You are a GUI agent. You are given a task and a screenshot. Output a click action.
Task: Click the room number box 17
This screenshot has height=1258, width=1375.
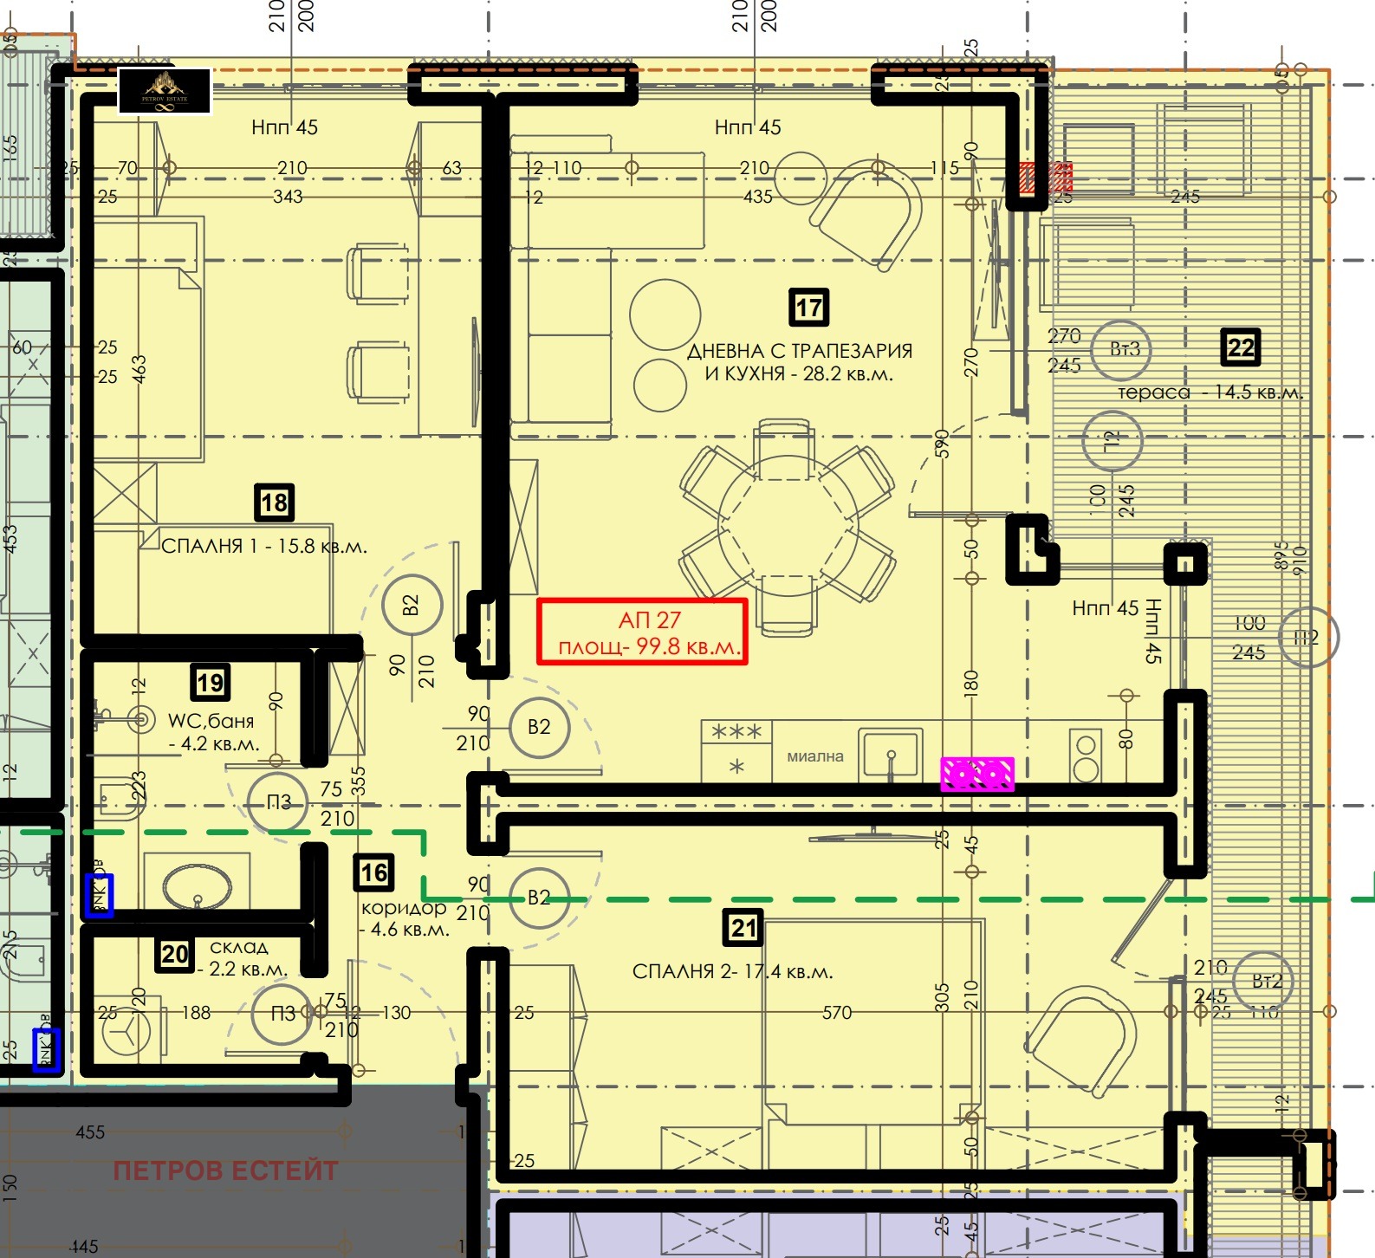(x=808, y=308)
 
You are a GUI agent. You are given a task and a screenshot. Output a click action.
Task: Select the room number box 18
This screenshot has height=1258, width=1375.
(x=274, y=503)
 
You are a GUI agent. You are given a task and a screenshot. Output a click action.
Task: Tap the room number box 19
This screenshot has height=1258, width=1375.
(x=211, y=683)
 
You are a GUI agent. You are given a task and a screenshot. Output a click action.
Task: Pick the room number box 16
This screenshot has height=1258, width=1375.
(x=373, y=872)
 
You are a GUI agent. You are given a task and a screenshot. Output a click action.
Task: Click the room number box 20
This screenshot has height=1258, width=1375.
(x=174, y=955)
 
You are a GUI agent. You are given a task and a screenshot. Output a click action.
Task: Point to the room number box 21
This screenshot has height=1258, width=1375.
(x=743, y=928)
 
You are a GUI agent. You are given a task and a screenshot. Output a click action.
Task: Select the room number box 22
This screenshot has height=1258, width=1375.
(x=1240, y=347)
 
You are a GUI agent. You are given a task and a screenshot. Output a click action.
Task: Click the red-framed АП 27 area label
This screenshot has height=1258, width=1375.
(x=642, y=632)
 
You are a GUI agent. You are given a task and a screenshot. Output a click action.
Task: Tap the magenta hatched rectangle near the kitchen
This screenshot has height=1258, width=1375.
(x=977, y=774)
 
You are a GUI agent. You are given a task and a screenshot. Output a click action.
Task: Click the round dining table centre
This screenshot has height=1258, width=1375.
(x=787, y=528)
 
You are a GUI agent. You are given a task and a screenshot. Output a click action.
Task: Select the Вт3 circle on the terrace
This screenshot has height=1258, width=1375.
(x=1121, y=349)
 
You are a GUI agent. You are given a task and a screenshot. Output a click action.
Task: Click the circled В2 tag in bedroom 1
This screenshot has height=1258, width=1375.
(x=412, y=605)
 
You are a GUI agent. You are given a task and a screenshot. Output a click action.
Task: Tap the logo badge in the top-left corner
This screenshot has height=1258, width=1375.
(x=165, y=91)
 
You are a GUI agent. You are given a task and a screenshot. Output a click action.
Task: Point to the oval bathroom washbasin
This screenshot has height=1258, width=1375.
(x=198, y=885)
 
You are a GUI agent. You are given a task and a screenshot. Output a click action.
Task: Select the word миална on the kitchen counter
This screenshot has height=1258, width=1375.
(x=814, y=756)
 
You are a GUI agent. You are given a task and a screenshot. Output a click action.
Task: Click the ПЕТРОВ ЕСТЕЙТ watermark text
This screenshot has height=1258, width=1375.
(x=225, y=1171)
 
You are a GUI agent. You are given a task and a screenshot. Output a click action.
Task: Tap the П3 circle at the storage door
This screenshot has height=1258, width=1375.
(x=282, y=1014)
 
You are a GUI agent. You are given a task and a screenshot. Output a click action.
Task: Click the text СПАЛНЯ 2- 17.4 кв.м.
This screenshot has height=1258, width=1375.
(x=732, y=972)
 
